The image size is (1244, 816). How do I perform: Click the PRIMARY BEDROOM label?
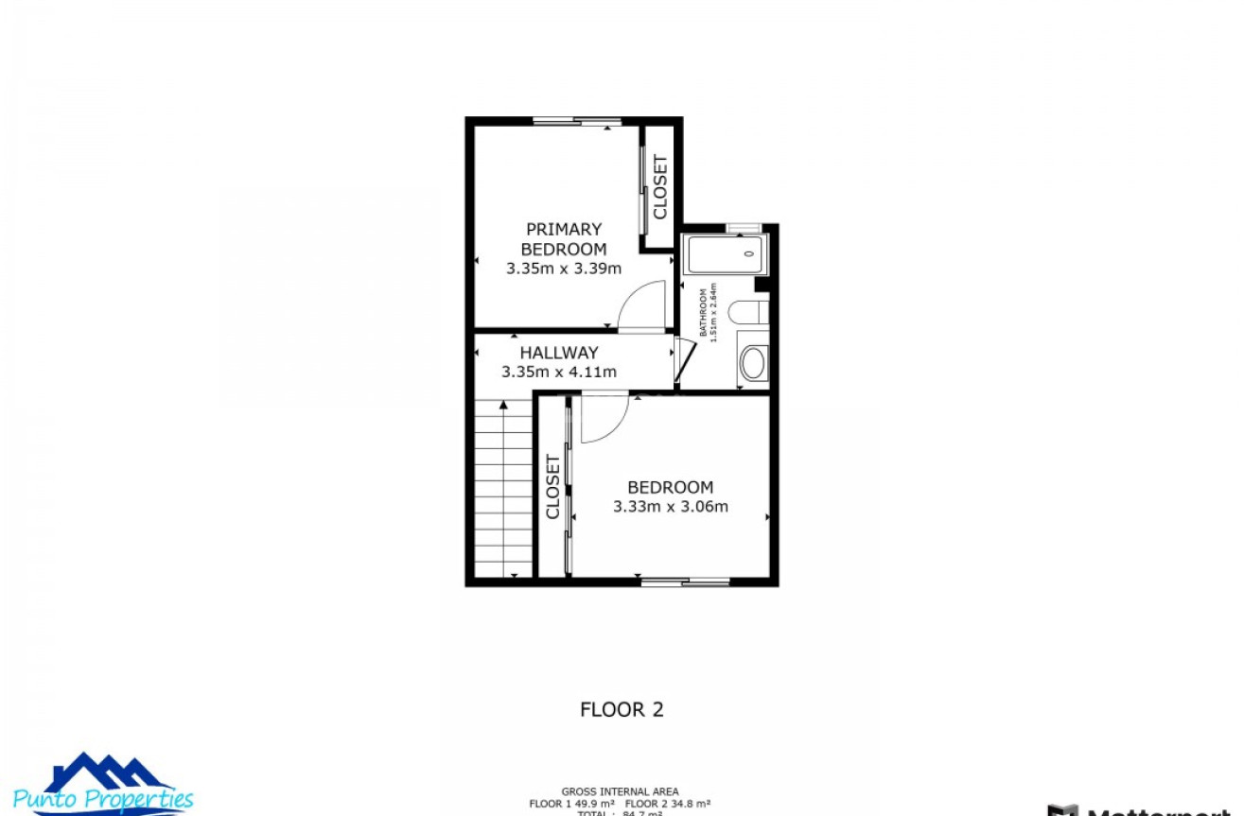pyautogui.click(x=564, y=238)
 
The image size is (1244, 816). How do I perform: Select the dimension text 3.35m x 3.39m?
pyautogui.click(x=564, y=269)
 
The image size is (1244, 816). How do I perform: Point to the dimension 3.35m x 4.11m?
pyautogui.click(x=559, y=373)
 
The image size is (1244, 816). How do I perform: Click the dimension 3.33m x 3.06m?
pyautogui.click(x=671, y=507)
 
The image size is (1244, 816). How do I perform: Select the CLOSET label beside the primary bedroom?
pyautogui.click(x=660, y=186)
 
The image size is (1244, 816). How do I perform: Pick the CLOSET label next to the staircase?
pyautogui.click(x=553, y=487)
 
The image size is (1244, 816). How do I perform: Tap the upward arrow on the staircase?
pyautogui.click(x=503, y=405)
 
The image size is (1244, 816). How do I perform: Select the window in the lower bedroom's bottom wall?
pyautogui.click(x=685, y=582)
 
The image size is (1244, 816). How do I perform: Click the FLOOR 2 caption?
pyautogui.click(x=622, y=709)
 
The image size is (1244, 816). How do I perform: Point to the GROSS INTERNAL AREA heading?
pyautogui.click(x=620, y=792)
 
